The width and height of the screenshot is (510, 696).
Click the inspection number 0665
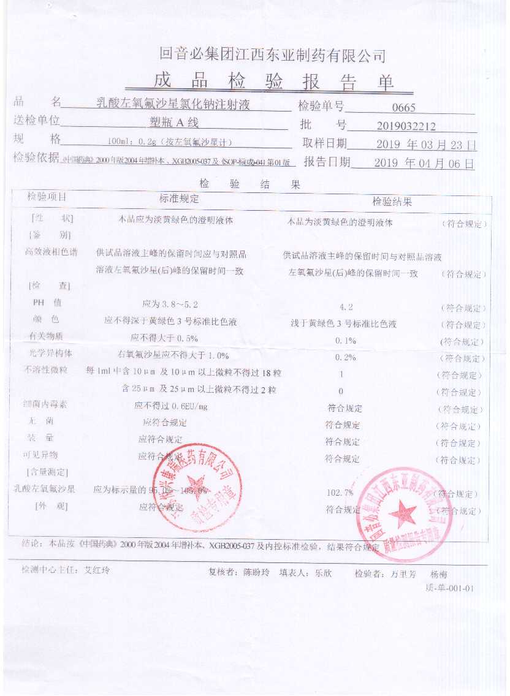pyautogui.click(x=404, y=108)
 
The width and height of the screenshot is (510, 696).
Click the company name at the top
pyautogui.click(x=272, y=56)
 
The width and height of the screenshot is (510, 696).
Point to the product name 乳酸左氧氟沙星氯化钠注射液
pyautogui.click(x=174, y=104)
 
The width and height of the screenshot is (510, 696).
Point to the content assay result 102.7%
pyautogui.click(x=341, y=493)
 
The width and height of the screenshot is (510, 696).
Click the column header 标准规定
pyautogui.click(x=179, y=199)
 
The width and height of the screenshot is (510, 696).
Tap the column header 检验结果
pyautogui.click(x=392, y=202)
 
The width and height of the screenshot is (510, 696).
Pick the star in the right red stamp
pyautogui.click(x=403, y=512)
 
